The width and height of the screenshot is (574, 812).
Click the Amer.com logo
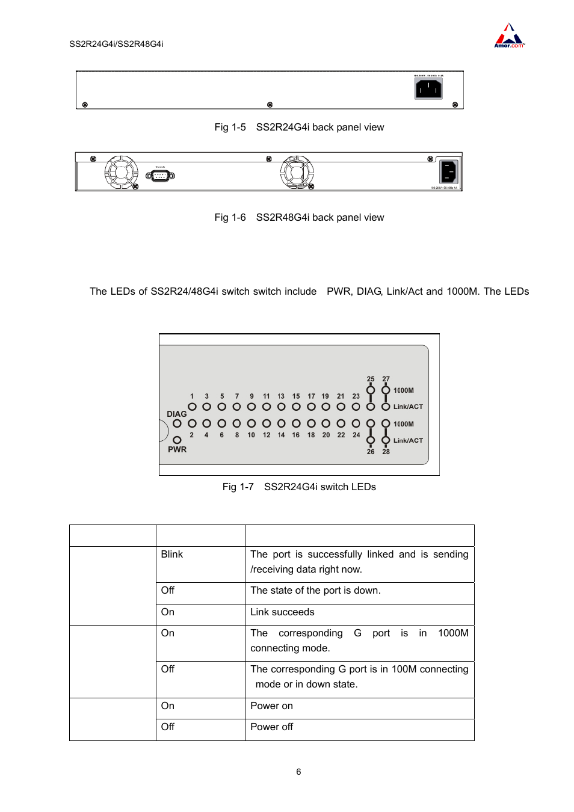509,37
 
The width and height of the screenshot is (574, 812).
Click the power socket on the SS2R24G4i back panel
428,89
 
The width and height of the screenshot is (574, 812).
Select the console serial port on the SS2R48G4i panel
160,176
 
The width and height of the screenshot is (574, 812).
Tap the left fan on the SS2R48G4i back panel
122,173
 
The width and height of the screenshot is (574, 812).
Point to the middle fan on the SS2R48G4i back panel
297,173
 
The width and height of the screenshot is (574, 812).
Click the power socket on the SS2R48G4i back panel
449,172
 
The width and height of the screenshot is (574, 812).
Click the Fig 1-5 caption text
299,128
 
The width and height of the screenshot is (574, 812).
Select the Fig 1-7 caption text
299,487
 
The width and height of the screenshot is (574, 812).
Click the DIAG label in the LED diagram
176,414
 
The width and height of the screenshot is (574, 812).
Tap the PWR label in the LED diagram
177,449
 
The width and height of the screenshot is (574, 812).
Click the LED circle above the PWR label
177,440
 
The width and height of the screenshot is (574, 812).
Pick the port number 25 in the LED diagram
371,379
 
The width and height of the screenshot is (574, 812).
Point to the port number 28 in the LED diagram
386,452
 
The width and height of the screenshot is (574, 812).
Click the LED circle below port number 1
192,407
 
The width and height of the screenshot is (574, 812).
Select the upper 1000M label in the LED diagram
404,390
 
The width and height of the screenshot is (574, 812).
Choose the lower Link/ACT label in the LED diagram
408,440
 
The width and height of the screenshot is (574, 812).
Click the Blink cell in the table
172,555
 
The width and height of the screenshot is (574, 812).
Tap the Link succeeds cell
282,612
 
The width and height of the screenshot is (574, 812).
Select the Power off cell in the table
272,727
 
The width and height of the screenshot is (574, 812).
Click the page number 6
298,772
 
